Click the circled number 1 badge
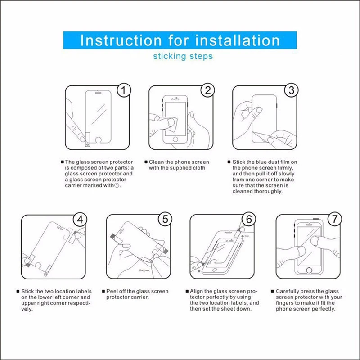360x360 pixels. tap(124, 90)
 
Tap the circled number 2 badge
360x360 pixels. tap(207, 90)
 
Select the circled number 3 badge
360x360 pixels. tap(291, 90)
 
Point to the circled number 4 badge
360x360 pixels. tap(80, 220)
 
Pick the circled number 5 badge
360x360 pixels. tap(165, 219)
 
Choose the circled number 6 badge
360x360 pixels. tap(249, 219)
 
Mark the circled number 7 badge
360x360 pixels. tap(335, 219)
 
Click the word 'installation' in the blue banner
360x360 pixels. tap(237, 40)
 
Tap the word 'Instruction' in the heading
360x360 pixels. tap(121, 40)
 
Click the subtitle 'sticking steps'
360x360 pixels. tap(183, 57)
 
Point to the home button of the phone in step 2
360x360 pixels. tap(175, 139)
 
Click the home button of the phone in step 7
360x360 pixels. tap(309, 270)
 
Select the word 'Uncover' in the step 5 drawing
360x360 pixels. tap(144, 270)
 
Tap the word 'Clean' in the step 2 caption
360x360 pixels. tap(155, 162)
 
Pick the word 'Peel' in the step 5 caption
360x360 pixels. tap(111, 291)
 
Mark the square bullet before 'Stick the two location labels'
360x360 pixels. tap(18, 291)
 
